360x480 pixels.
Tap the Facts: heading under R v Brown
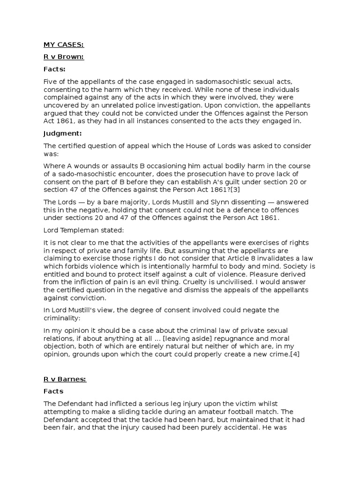click(54, 69)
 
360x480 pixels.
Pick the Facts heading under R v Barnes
click(53, 391)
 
